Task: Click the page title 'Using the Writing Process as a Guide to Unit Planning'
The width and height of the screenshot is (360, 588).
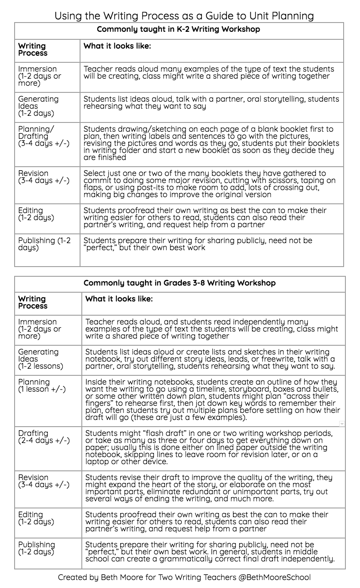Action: click(184, 16)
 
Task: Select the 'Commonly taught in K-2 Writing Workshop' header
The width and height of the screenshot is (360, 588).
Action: click(178, 30)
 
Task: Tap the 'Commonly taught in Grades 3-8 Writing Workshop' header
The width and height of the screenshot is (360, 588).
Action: click(180, 283)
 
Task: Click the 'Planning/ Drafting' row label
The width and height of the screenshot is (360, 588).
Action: click(36, 133)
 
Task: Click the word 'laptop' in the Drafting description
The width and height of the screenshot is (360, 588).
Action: click(97, 462)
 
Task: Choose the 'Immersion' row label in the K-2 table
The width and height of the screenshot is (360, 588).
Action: click(38, 69)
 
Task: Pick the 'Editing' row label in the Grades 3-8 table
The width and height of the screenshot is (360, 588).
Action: click(31, 515)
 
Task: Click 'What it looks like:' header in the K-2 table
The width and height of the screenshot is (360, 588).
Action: click(117, 46)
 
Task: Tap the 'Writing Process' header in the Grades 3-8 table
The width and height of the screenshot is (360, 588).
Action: click(33, 302)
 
